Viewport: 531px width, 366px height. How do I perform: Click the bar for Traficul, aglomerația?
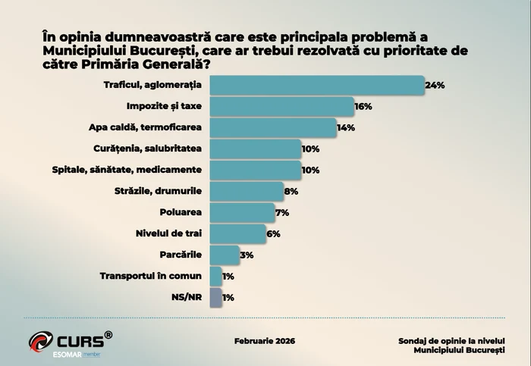click(316, 86)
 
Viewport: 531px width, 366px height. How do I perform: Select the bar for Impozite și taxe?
click(281, 107)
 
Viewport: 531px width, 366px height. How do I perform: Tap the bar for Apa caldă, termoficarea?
click(272, 128)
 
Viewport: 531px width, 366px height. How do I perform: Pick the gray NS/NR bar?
click(215, 298)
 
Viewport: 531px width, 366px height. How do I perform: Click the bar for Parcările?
click(225, 255)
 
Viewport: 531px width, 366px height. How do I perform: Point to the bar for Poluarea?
click(242, 213)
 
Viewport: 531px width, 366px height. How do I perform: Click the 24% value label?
click(435, 86)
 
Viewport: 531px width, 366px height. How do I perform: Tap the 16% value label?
click(363, 107)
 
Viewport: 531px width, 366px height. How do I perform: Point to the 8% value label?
click(291, 192)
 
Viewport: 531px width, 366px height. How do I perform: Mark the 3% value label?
click(247, 255)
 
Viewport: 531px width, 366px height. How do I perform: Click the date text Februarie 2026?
click(265, 341)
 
